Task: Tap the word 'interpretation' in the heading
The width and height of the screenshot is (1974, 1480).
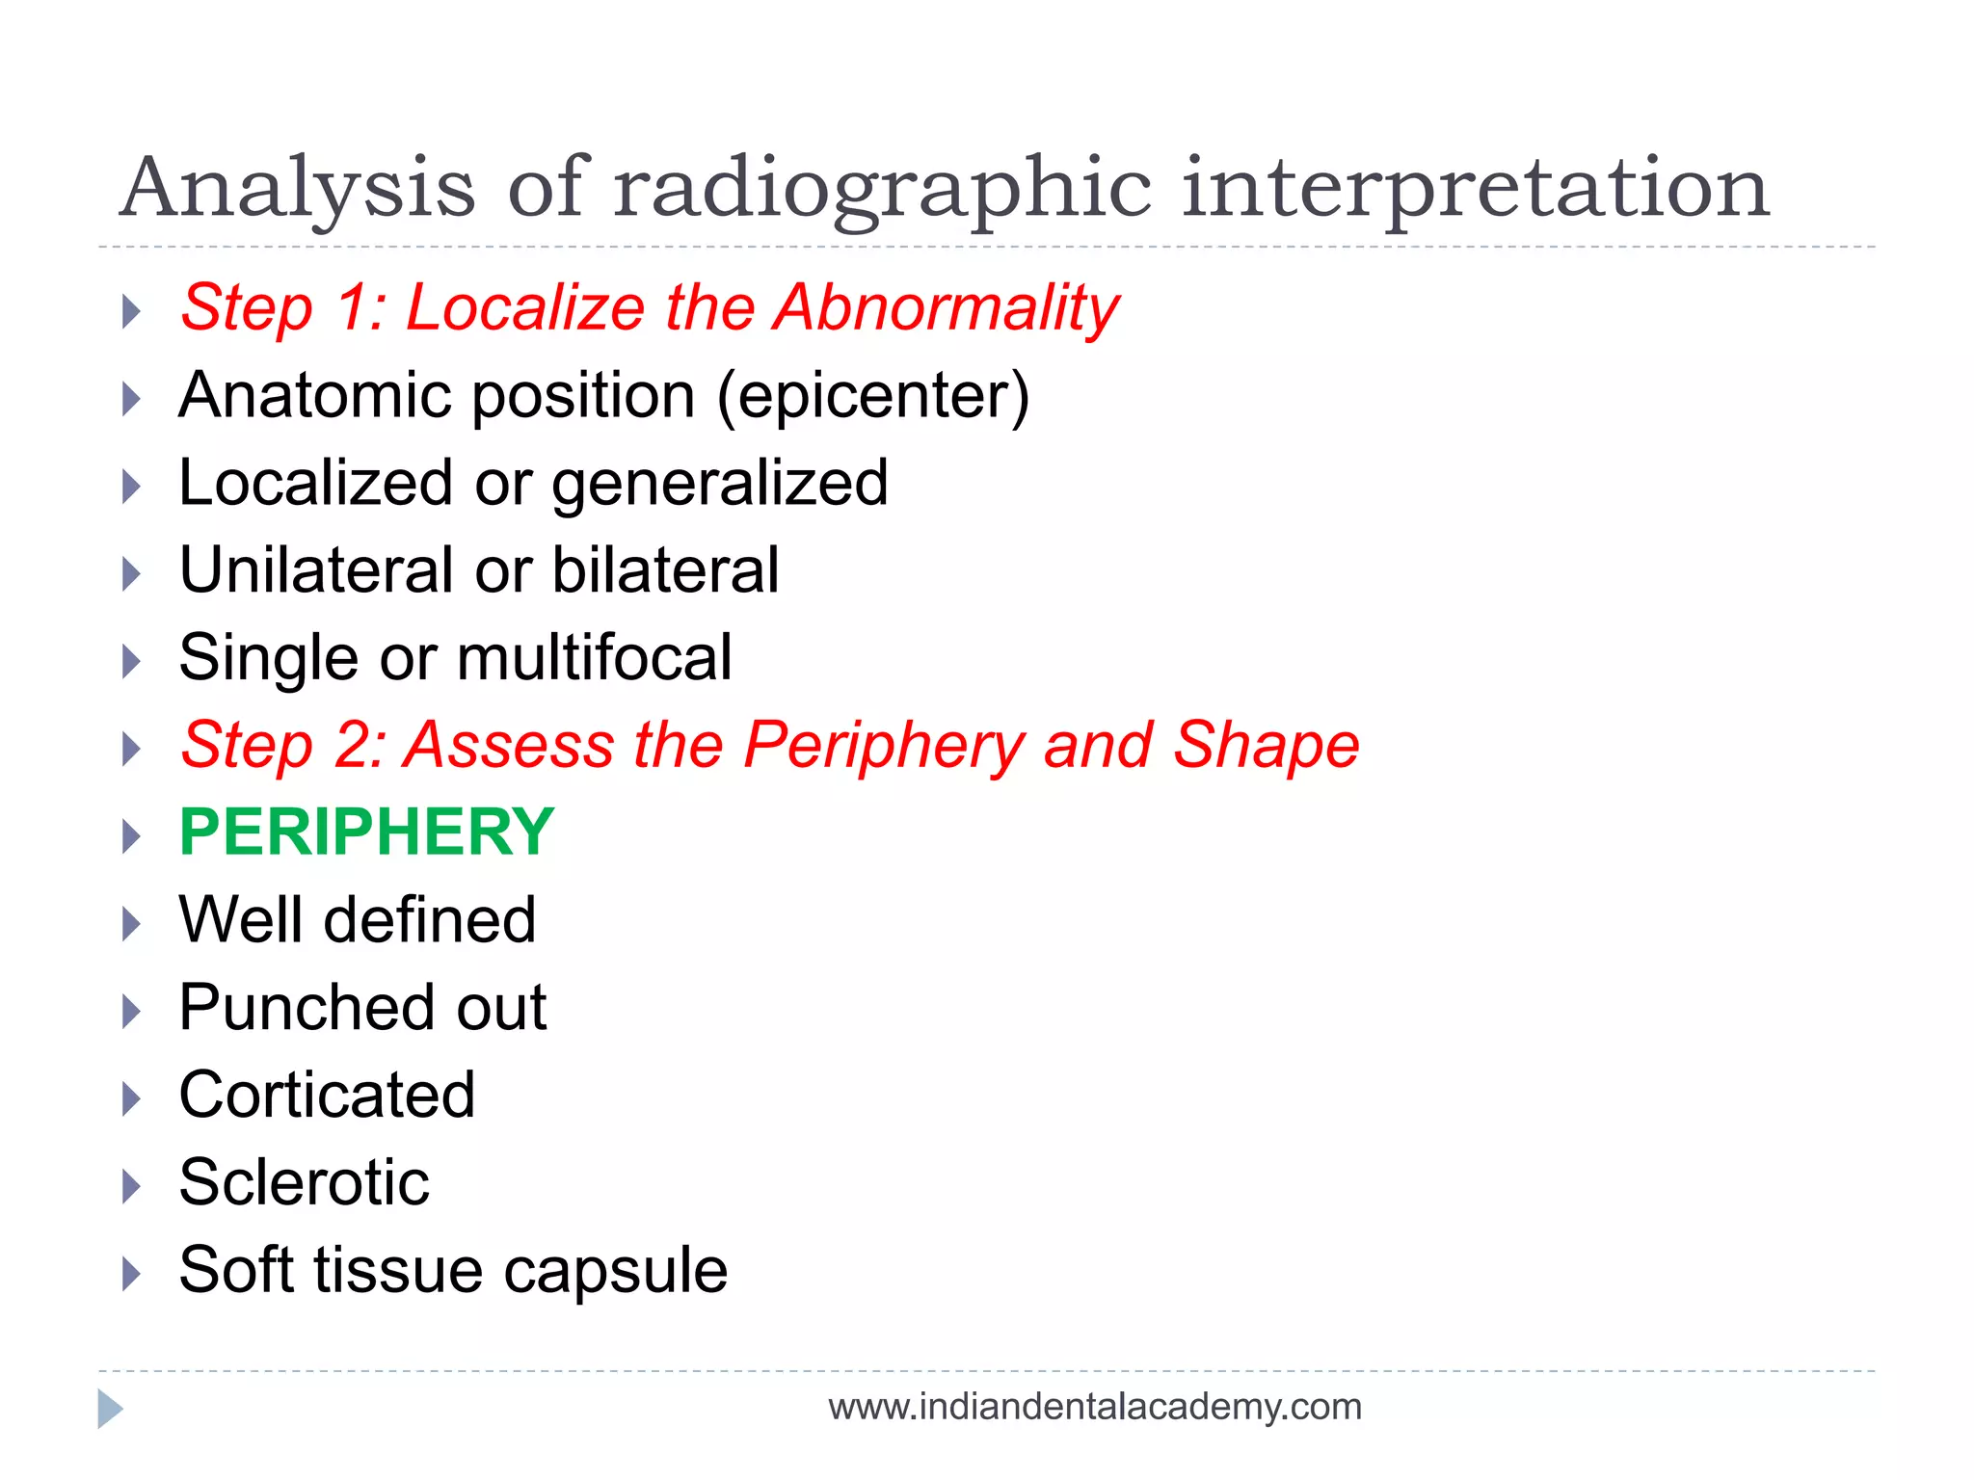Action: coord(1475,189)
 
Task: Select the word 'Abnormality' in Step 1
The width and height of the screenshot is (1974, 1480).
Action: coord(947,308)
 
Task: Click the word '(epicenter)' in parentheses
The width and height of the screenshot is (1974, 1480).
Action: coord(873,396)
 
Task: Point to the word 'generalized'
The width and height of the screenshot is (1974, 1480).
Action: coord(719,483)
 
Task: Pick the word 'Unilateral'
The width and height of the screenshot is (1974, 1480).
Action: coord(315,569)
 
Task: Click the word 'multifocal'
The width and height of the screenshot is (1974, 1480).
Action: coord(594,657)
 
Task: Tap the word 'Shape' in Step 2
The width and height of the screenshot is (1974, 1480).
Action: coord(1266,745)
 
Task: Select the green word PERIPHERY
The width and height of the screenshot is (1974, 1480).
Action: coord(366,832)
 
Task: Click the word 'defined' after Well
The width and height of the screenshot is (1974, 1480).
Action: coord(429,919)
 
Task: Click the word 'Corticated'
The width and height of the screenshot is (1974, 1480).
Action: coord(327,1095)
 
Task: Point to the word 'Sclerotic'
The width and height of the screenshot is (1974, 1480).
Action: coord(304,1182)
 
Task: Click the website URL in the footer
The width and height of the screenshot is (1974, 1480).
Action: coord(1094,1407)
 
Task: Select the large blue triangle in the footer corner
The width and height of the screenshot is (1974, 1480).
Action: coord(109,1409)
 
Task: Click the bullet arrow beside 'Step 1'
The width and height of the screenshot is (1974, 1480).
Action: coord(132,311)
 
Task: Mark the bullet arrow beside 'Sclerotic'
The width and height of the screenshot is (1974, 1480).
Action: coord(132,1186)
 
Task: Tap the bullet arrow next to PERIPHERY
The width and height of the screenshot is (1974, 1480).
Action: coord(132,835)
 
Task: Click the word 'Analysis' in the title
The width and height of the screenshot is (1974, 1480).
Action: coord(298,189)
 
